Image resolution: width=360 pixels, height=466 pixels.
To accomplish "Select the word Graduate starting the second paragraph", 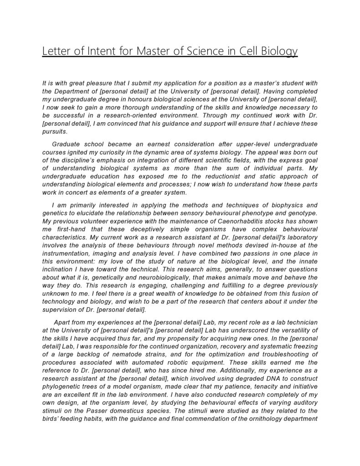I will pyautogui.click(x=67, y=144).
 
